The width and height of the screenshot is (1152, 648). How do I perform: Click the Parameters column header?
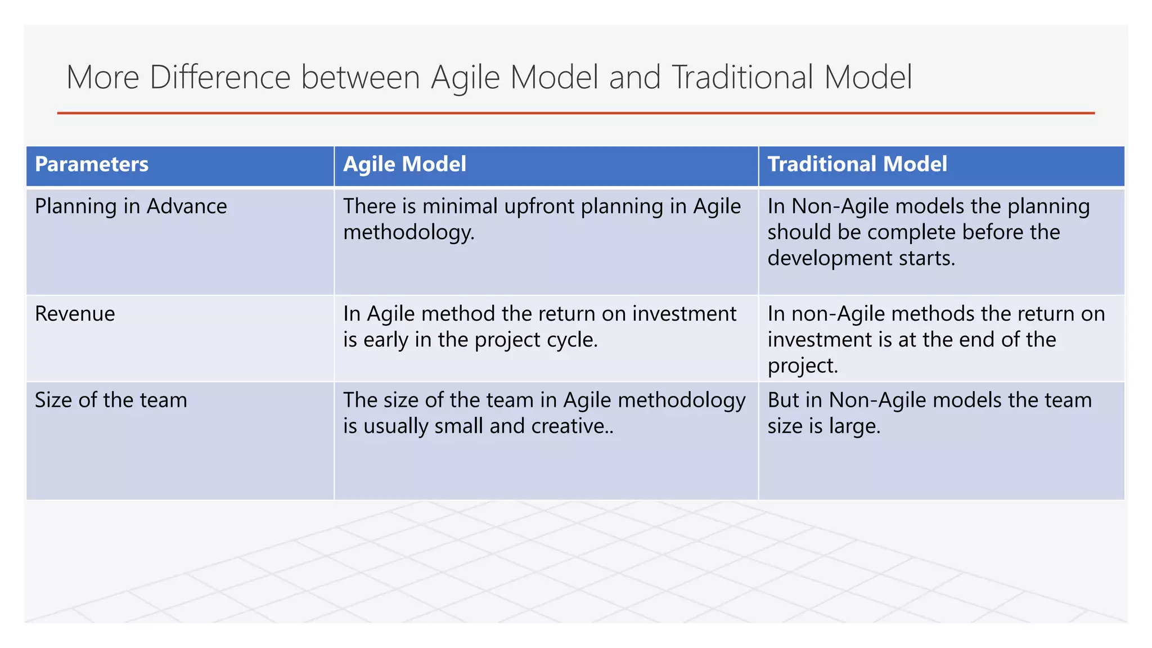(x=92, y=164)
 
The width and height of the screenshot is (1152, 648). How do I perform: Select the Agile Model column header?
(x=404, y=164)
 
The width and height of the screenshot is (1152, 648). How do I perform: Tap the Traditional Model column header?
(x=857, y=164)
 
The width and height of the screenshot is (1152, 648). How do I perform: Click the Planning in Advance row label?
(x=130, y=206)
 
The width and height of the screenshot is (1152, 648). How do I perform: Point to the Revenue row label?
(x=75, y=314)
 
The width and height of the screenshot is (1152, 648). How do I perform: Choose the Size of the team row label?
(x=111, y=400)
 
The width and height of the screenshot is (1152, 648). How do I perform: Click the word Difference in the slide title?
(x=220, y=77)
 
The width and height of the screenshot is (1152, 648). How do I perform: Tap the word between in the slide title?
(x=360, y=77)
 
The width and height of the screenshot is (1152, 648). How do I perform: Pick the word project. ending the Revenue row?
(x=803, y=366)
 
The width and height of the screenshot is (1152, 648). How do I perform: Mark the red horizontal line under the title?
(x=575, y=113)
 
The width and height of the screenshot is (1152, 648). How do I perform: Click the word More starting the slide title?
(x=102, y=77)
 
